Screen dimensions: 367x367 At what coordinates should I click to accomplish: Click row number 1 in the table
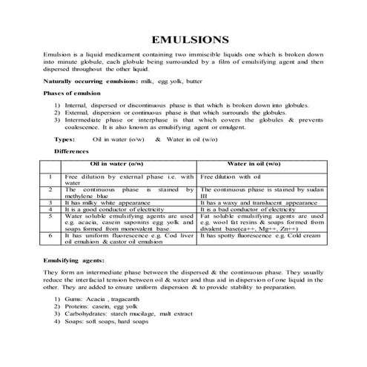(50, 176)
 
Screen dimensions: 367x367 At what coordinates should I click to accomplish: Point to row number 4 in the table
(50, 209)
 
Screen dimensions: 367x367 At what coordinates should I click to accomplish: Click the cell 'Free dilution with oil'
(231, 176)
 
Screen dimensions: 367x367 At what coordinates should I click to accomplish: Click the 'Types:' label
(65, 139)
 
